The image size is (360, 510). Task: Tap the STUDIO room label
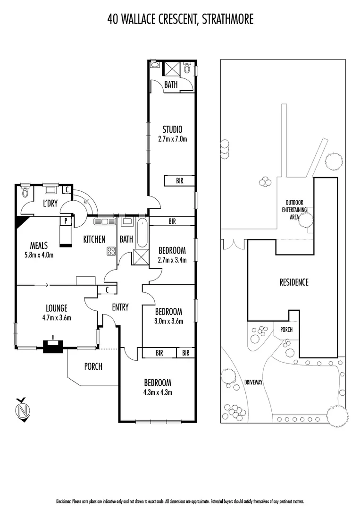[x=172, y=129]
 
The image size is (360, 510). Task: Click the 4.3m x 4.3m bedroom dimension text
[x=158, y=392]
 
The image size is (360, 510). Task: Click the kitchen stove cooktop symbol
[x=111, y=251]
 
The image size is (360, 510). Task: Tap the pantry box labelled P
[x=66, y=220]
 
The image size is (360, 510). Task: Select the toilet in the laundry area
[x=25, y=193]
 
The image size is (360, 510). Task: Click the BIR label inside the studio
[x=179, y=181]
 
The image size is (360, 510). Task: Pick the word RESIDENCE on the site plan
[x=293, y=282]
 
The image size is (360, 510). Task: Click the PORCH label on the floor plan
[x=93, y=366]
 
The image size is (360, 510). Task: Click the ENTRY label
[x=120, y=307]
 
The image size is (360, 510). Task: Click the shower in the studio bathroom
[x=170, y=69]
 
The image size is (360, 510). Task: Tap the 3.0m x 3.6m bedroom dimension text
[x=168, y=321]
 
